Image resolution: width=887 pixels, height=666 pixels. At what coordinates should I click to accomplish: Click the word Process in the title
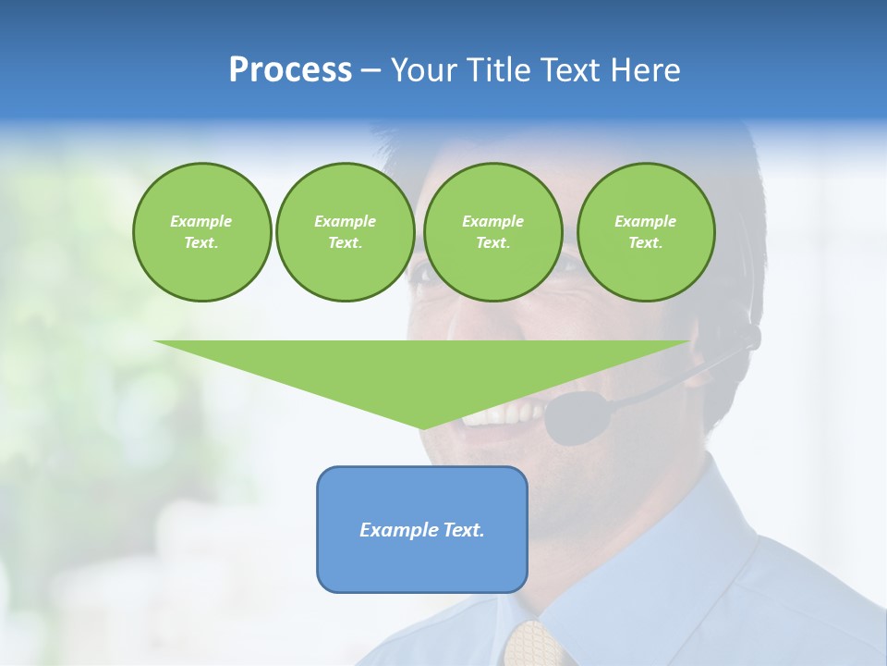click(290, 70)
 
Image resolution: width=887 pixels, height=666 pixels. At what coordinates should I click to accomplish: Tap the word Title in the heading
click(496, 70)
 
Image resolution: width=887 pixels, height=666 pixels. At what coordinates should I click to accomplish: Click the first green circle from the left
click(201, 232)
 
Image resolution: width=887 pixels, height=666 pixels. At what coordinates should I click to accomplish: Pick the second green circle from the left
click(345, 232)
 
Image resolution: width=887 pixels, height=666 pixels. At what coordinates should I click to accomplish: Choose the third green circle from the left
click(492, 232)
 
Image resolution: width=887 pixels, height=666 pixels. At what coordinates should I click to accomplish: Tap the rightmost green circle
click(646, 232)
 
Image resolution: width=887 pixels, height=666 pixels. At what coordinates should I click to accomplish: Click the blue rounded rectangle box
click(422, 564)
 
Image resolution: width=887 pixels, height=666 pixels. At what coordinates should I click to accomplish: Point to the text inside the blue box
click(422, 530)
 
